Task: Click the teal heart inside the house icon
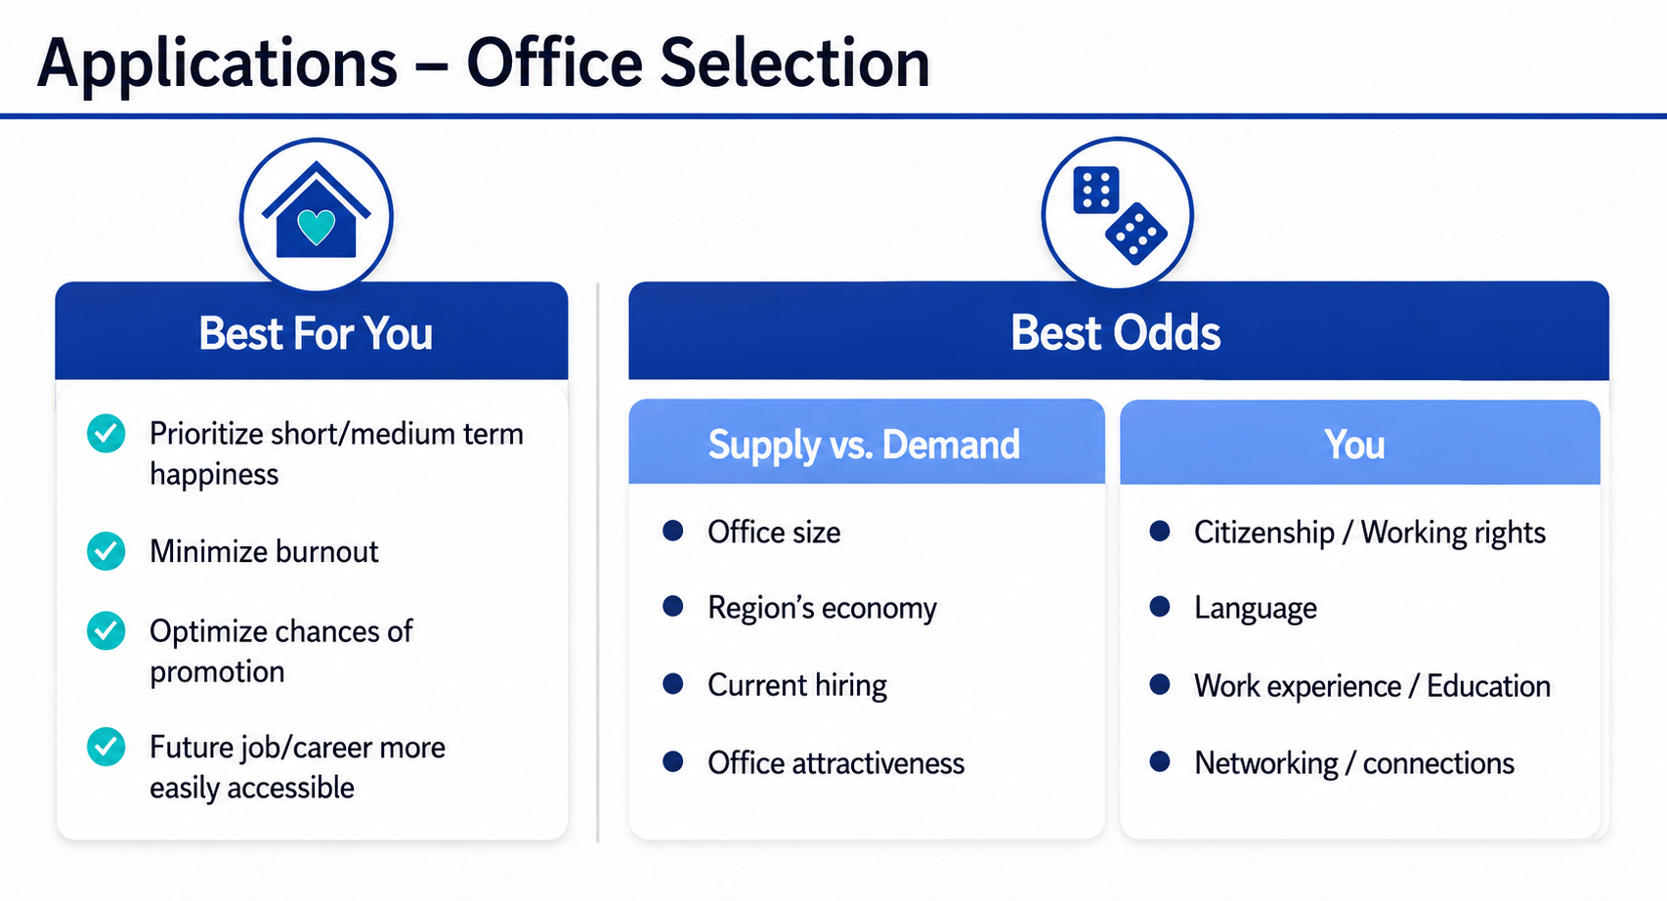click(x=317, y=227)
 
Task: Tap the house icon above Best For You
click(x=317, y=210)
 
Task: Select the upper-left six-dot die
click(x=1096, y=190)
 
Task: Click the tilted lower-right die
click(x=1136, y=234)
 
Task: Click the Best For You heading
click(x=316, y=332)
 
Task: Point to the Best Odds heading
click(x=1116, y=332)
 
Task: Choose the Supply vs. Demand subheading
click(x=864, y=445)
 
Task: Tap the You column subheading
click(x=1354, y=445)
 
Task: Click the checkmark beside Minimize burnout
click(x=106, y=551)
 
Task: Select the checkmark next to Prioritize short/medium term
click(x=106, y=434)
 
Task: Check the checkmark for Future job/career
click(x=106, y=747)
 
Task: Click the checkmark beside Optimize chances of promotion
click(x=106, y=631)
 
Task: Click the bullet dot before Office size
click(x=672, y=532)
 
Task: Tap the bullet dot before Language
click(x=1160, y=607)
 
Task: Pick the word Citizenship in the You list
click(x=1264, y=534)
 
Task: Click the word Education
click(x=1488, y=686)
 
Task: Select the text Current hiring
click(x=797, y=685)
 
